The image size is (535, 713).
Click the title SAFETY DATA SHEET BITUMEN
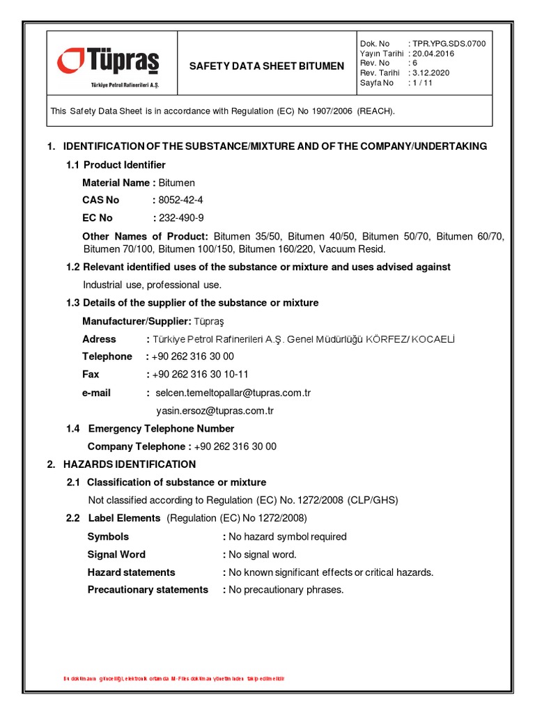(267, 66)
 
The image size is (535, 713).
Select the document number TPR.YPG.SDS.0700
(456, 43)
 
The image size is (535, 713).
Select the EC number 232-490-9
(181, 218)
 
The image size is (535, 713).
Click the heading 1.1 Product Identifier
(116, 165)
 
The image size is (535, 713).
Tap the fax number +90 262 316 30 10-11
(200, 375)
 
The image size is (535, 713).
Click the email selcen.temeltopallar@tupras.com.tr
(233, 393)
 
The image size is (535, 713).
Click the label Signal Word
(116, 554)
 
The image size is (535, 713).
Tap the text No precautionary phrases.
(286, 590)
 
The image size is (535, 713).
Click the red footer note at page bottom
(174, 678)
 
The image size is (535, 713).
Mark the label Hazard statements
(131, 572)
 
